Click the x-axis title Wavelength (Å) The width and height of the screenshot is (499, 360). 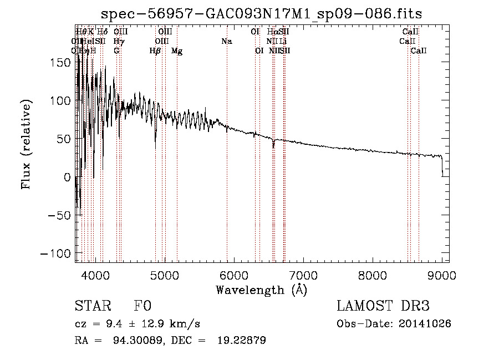262,290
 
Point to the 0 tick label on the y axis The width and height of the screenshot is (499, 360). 68,177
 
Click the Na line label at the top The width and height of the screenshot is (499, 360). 226,41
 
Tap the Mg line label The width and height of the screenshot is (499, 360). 177,50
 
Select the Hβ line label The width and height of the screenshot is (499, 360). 155,50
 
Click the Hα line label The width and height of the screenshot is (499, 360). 272,32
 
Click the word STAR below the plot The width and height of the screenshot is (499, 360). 93,306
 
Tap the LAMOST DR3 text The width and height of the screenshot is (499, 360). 383,306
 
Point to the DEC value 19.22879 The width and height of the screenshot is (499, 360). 241,340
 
